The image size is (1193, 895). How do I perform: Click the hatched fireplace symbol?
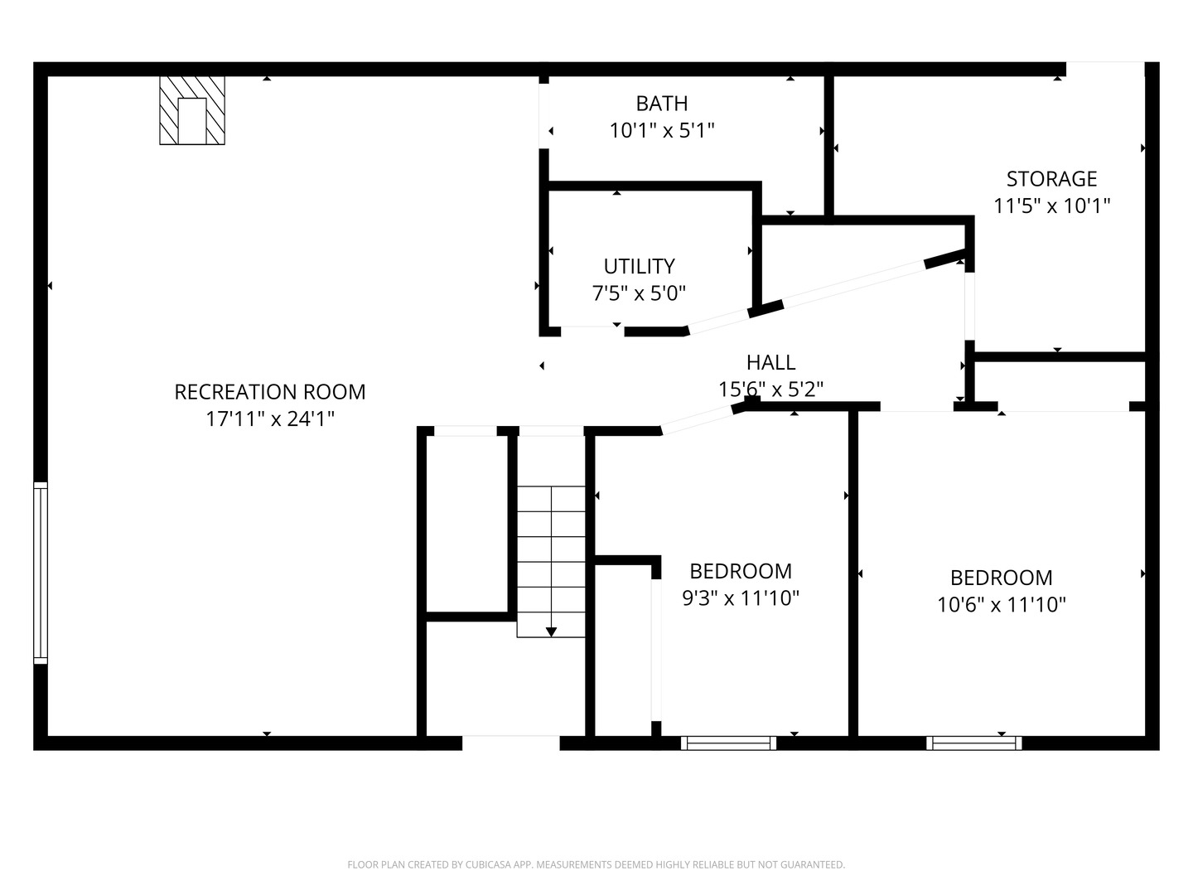192,110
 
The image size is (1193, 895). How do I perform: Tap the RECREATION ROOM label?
269,392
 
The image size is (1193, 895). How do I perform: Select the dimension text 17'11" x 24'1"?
269,418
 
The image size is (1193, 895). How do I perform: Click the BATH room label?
661,104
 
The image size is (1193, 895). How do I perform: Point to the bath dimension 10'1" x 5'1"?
661,130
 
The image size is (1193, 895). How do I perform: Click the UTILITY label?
639,266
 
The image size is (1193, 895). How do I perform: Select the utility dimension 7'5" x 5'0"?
639,293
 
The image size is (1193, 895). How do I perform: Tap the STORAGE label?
1051,179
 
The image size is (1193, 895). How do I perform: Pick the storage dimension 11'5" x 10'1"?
1051,206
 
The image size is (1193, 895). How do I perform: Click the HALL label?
770,362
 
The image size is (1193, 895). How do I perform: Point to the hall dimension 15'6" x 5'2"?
770,389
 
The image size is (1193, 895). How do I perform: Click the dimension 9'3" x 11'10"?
740,597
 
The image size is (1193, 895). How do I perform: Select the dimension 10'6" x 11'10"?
1001,604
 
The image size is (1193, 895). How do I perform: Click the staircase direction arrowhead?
551,631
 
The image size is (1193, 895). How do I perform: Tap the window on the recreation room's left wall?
40,573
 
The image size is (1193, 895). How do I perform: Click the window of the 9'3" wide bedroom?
728,743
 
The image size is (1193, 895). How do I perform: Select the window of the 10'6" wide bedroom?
973,743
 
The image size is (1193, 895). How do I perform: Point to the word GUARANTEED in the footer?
812,865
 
